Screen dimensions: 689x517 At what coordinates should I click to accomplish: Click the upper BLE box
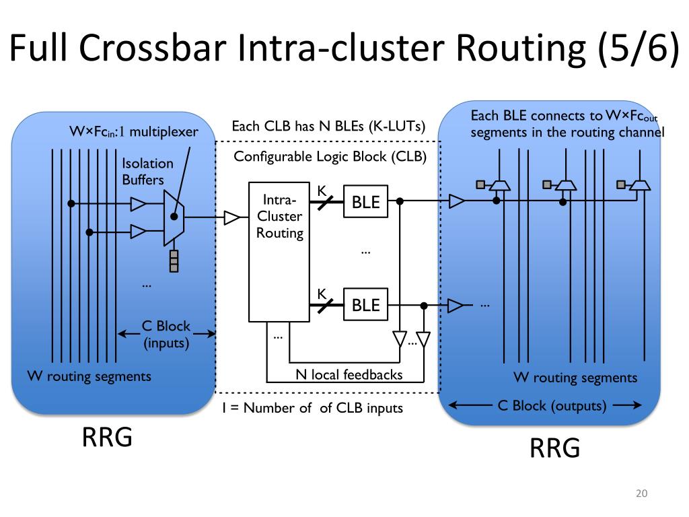coord(365,201)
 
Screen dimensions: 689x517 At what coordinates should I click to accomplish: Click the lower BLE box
coord(365,304)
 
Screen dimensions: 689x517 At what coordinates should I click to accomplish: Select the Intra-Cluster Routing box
coord(279,252)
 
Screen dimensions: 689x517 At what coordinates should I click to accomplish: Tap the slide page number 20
coord(641,493)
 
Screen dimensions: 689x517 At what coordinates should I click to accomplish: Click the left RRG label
coord(107,437)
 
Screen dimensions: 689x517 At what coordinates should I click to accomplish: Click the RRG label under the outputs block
coord(554,448)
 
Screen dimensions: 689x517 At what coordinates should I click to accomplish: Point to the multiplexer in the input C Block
coord(174,217)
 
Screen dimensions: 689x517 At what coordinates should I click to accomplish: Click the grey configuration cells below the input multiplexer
coord(174,261)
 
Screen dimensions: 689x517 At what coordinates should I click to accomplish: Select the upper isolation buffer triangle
coord(139,204)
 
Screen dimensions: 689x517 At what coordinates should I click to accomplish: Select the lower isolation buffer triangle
coord(139,232)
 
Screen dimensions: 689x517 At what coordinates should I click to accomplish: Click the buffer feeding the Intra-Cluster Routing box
coord(231,217)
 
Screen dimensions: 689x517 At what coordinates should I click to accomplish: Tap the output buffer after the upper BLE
coord(457,201)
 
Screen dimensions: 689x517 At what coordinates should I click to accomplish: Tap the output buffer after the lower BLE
coord(456,305)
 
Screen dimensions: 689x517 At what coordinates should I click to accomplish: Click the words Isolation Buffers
coord(147,172)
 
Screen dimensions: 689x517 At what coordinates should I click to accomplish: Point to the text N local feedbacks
coord(349,374)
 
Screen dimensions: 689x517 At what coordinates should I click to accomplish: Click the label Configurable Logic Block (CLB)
coord(330,156)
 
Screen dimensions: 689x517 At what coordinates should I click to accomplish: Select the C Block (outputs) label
coord(552,406)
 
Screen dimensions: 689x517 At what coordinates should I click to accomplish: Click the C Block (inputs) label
coord(166,335)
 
